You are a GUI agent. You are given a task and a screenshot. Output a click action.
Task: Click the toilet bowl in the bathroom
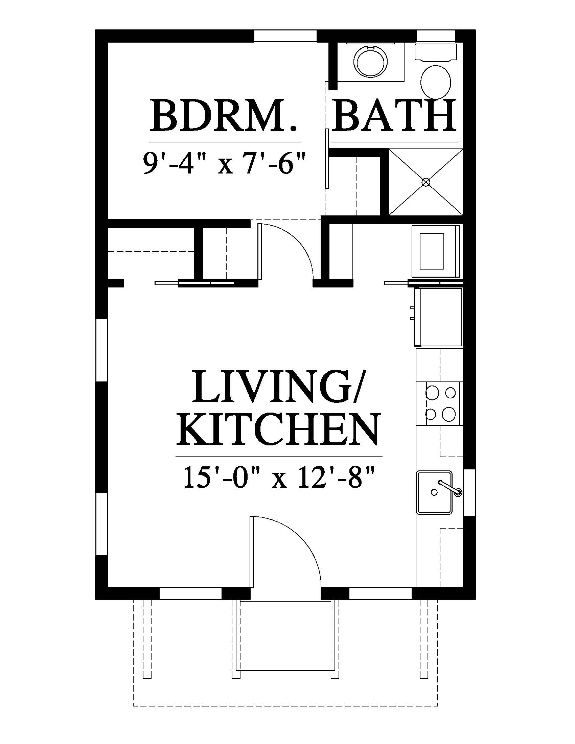pyautogui.click(x=436, y=81)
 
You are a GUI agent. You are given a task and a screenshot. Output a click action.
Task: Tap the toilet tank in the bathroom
pyautogui.click(x=436, y=52)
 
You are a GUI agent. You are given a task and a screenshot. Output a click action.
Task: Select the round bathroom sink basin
pyautogui.click(x=371, y=62)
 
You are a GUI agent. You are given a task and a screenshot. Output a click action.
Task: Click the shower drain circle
pyautogui.click(x=425, y=182)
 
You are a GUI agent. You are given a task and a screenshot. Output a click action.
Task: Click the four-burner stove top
pyautogui.click(x=440, y=404)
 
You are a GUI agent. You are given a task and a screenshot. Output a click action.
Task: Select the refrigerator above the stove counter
pyautogui.click(x=437, y=317)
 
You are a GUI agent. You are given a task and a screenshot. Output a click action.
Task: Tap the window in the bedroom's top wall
pyautogui.click(x=286, y=36)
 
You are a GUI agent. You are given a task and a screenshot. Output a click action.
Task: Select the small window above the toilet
pyautogui.click(x=436, y=36)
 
